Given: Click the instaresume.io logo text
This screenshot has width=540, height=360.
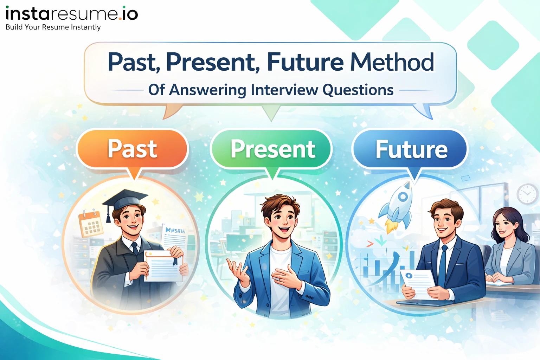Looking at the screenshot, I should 72,14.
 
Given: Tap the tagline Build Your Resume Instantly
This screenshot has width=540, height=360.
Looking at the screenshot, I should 53,27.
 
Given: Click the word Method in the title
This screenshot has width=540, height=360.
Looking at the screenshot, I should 392,62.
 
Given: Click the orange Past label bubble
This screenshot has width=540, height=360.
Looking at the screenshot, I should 132,149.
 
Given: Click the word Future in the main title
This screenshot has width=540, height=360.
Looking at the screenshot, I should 305,62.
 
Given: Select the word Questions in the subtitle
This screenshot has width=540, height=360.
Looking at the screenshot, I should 358,90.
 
